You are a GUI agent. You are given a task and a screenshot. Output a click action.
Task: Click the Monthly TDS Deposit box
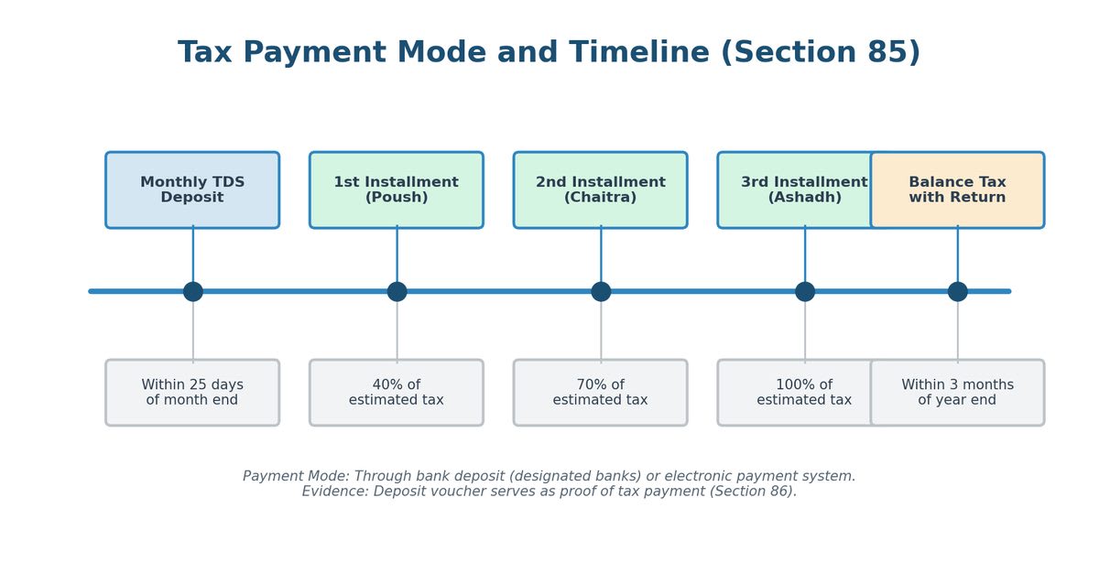192,189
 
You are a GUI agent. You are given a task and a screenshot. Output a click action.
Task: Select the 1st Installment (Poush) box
397,189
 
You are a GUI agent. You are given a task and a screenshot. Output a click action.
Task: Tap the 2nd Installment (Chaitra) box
601,189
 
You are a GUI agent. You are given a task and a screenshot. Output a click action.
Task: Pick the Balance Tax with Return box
958,189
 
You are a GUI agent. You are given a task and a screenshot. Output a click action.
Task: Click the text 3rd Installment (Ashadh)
804,189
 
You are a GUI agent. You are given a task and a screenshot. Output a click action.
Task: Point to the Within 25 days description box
192,393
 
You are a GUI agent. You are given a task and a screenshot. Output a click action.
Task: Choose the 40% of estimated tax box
397,393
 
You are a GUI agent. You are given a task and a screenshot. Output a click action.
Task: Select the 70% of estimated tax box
601,393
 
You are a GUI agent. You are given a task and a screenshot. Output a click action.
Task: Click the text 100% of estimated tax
804,392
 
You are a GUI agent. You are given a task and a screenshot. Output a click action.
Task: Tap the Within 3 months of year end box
958,393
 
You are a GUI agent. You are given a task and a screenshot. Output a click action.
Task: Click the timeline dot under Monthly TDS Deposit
193,291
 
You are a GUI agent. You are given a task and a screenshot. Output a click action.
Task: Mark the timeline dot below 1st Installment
397,291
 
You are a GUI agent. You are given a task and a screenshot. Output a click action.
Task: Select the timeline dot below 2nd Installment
601,291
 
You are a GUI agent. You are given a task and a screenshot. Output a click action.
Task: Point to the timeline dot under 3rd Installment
805,291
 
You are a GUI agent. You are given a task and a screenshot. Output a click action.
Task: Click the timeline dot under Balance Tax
958,291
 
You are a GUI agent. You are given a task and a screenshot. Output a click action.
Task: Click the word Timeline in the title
639,52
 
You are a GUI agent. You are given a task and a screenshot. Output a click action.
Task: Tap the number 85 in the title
887,52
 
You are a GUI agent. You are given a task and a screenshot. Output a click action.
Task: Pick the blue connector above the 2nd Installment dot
601,254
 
